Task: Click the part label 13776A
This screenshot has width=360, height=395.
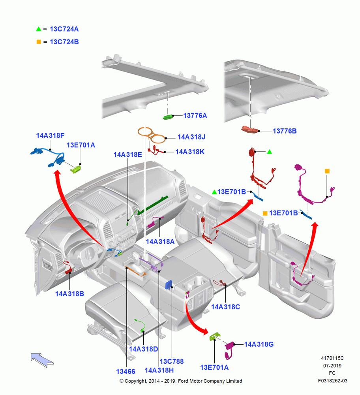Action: coord(195,116)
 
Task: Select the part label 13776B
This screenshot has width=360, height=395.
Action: coord(285,131)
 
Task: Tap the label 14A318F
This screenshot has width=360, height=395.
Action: coord(50,135)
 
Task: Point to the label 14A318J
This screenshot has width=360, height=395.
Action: coord(191,137)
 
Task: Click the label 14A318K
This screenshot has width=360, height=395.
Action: coord(190,152)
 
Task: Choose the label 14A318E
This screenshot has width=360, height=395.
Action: coord(127,155)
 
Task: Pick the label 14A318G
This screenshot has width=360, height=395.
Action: coord(259,344)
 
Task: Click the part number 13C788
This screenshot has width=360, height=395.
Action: coord(172,361)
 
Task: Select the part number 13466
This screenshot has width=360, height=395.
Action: coord(126,372)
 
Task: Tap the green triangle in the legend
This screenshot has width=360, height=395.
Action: coord(39,29)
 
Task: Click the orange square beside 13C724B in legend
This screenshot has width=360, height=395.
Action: coord(39,42)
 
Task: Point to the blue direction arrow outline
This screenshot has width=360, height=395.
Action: coord(42,360)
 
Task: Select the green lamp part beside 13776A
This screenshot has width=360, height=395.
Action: coord(168,117)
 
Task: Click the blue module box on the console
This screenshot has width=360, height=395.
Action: coord(169,285)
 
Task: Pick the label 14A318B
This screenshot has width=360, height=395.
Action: coord(69,294)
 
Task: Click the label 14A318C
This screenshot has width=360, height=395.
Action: coord(225,307)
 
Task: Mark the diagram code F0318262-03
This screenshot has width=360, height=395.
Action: coord(332,381)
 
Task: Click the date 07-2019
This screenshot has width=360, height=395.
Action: coord(332,365)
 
